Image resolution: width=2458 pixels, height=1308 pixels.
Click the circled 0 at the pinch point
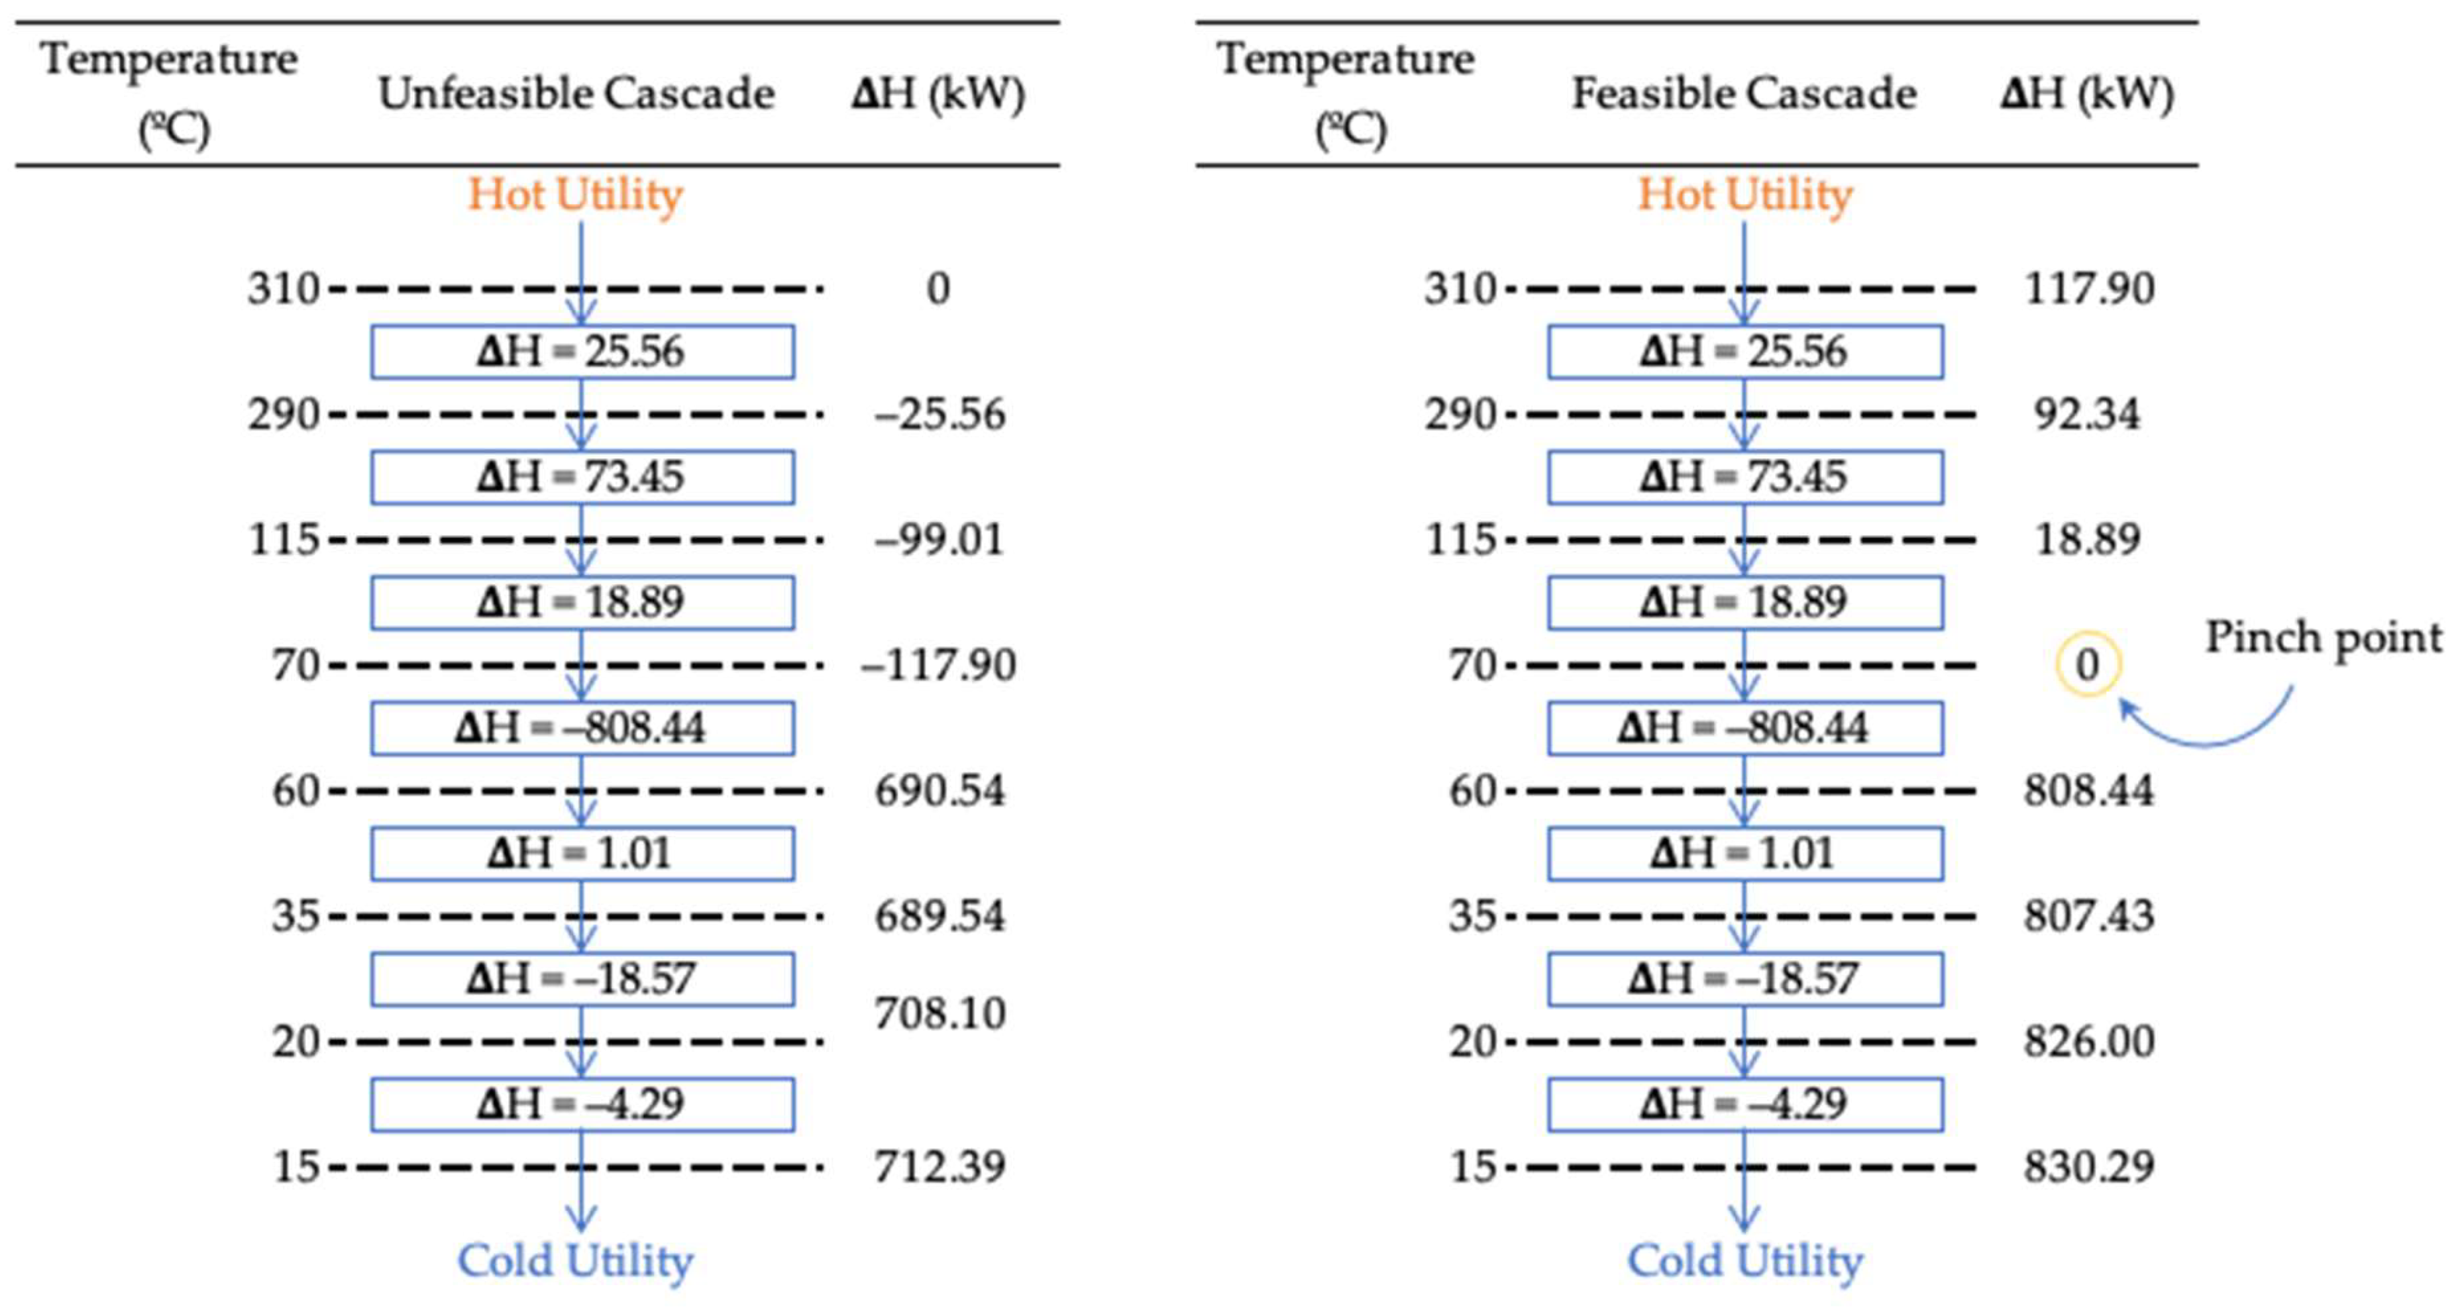2087,664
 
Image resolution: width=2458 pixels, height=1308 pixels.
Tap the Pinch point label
2324,637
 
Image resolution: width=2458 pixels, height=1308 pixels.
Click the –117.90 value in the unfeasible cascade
939,664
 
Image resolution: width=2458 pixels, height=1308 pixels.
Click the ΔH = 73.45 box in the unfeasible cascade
582,477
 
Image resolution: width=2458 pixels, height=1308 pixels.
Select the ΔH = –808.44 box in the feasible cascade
1744,728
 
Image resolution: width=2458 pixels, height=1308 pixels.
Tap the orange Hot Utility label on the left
575,195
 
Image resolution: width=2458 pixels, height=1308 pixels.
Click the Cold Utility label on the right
1744,1260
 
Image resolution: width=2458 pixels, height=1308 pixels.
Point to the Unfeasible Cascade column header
575,93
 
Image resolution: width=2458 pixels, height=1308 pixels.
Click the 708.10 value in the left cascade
940,1013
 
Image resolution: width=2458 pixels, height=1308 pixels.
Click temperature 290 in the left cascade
284,414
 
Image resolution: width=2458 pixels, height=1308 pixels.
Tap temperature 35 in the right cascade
1471,916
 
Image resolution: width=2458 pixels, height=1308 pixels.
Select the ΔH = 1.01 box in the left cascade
582,853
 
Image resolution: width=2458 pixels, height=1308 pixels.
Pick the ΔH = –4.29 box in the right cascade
1744,1104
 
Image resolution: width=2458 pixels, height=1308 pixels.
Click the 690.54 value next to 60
940,791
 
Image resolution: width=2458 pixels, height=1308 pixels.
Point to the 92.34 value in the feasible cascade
2087,414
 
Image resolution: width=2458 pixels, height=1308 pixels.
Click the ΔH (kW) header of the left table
938,93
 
